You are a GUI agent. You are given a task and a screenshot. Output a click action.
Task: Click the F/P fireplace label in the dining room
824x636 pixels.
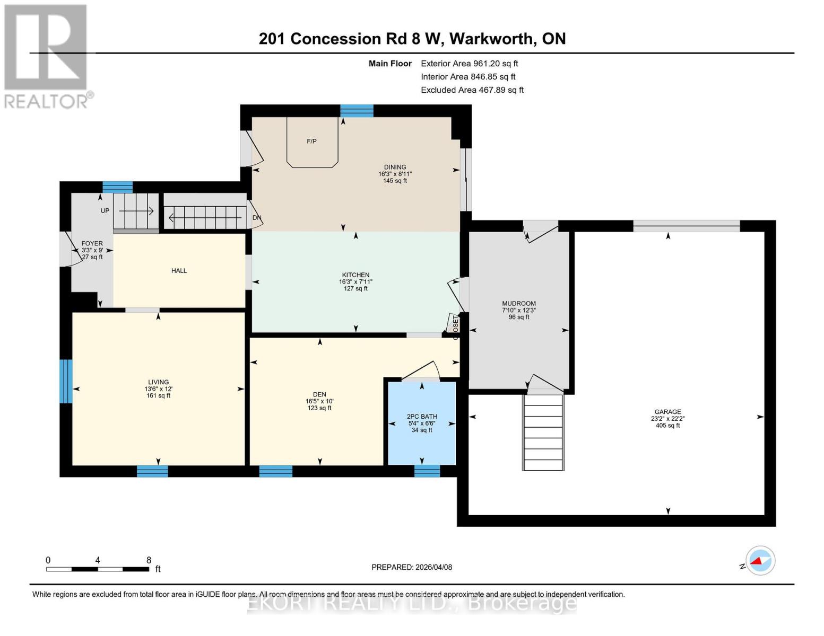[x=311, y=141]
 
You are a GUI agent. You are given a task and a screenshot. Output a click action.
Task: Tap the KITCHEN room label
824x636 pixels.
[x=355, y=275]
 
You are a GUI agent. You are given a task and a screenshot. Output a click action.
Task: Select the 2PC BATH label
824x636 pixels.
[x=422, y=417]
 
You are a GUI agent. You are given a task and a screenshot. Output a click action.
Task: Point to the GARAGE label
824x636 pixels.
[x=667, y=412]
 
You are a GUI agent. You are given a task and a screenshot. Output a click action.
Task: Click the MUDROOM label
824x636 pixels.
[x=519, y=304]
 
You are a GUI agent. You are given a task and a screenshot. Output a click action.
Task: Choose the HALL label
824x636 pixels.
[x=179, y=271]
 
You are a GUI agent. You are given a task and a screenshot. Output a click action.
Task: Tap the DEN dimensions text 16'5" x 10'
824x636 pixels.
[x=319, y=401]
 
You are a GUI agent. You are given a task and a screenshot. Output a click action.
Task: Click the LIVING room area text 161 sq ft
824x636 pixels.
[x=159, y=395]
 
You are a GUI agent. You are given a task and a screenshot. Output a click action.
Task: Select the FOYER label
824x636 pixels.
[x=92, y=244]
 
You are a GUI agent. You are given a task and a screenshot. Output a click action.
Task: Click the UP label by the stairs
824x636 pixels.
[x=105, y=211]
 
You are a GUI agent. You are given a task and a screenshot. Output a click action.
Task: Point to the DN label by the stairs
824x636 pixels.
[x=257, y=218]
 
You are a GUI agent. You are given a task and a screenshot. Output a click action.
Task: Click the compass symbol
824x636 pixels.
[x=760, y=560]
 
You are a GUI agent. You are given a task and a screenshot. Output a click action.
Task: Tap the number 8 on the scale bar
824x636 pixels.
[x=149, y=560]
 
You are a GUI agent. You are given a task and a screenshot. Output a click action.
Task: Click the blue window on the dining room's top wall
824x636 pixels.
[x=357, y=111]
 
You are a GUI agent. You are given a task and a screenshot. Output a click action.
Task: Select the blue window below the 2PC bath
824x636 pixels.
[x=427, y=471]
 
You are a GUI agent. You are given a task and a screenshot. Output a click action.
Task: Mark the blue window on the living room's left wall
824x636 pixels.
[x=66, y=381]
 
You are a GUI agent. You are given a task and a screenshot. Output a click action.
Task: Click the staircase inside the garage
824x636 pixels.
[x=543, y=432]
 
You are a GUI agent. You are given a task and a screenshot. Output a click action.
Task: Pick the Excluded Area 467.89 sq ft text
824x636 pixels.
[x=472, y=90]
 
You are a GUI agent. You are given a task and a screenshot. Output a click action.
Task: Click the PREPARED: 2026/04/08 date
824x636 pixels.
[x=412, y=567]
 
